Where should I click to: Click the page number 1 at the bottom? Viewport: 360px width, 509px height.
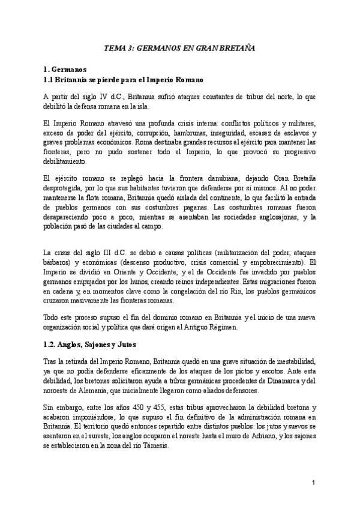click(313, 483)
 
